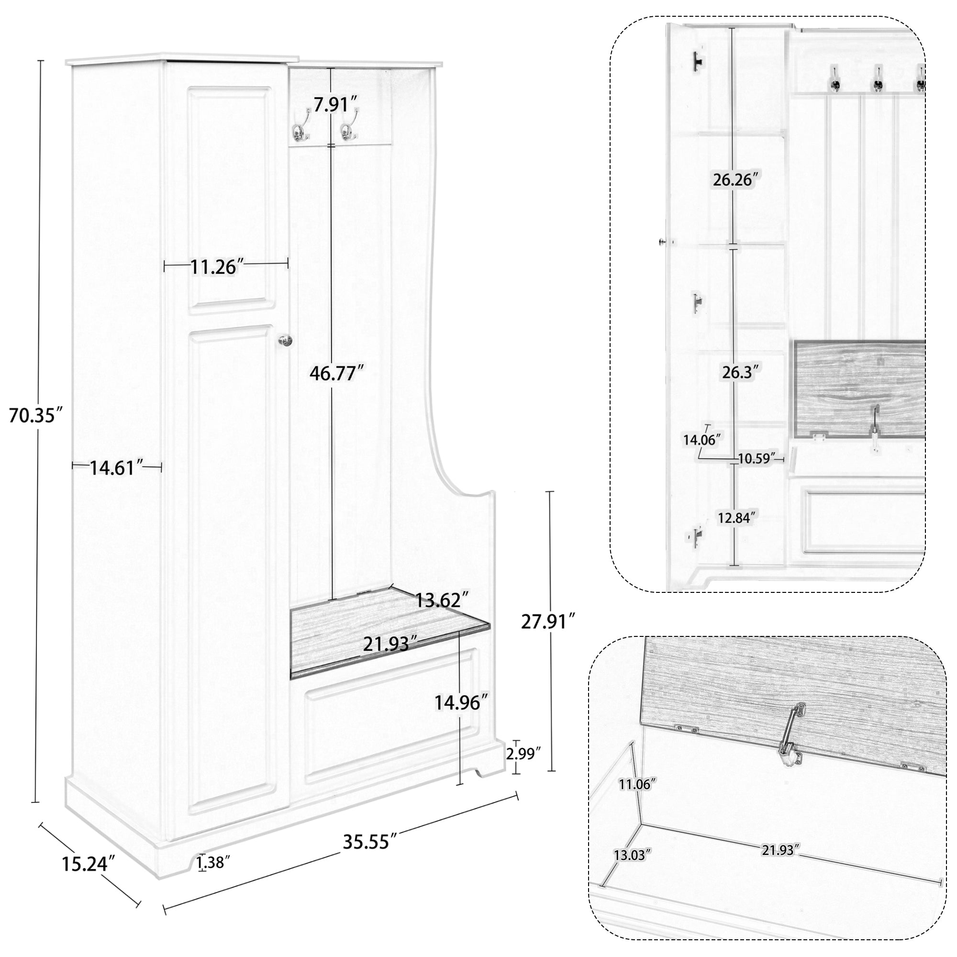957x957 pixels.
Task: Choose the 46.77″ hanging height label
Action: click(x=336, y=373)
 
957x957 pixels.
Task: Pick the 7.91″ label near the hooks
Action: click(x=335, y=104)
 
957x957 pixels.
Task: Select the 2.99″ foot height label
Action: click(x=523, y=768)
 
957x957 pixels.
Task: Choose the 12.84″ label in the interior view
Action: click(x=737, y=518)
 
